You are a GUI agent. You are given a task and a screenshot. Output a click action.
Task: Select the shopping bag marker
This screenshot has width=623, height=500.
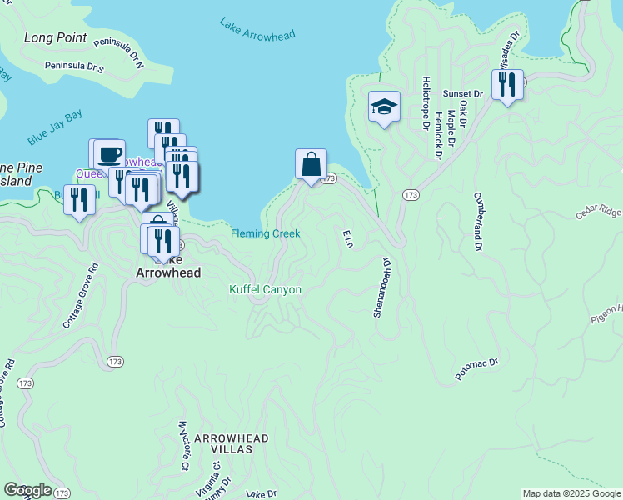point(311,164)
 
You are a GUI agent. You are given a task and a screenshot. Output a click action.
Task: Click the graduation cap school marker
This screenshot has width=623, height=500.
point(384,107)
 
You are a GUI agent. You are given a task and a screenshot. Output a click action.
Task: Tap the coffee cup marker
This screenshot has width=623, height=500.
point(109,153)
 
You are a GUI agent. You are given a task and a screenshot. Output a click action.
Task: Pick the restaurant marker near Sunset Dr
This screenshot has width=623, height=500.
point(506,84)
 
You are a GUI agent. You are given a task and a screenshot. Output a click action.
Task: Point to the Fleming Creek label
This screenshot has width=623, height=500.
point(265,234)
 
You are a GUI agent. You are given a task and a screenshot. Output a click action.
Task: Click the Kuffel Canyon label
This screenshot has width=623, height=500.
point(265,290)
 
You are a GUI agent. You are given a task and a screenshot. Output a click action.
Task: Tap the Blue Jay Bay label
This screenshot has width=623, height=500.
point(55,126)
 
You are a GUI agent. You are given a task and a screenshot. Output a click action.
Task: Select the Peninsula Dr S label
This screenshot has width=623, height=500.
point(74,65)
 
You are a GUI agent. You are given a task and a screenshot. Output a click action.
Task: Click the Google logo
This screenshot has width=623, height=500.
point(27,490)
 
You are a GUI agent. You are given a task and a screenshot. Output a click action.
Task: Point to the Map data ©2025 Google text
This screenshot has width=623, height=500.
point(571,493)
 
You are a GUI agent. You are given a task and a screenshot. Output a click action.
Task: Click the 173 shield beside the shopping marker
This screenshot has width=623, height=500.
point(330,178)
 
